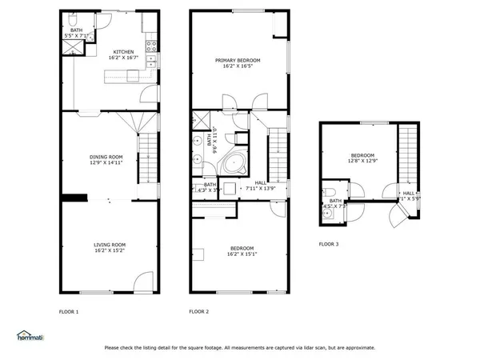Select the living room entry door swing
click(143, 283)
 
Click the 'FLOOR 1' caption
click(70, 311)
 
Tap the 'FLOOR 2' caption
click(198, 311)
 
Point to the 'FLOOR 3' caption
click(329, 243)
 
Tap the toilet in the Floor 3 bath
click(328, 192)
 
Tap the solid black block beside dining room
click(74, 198)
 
